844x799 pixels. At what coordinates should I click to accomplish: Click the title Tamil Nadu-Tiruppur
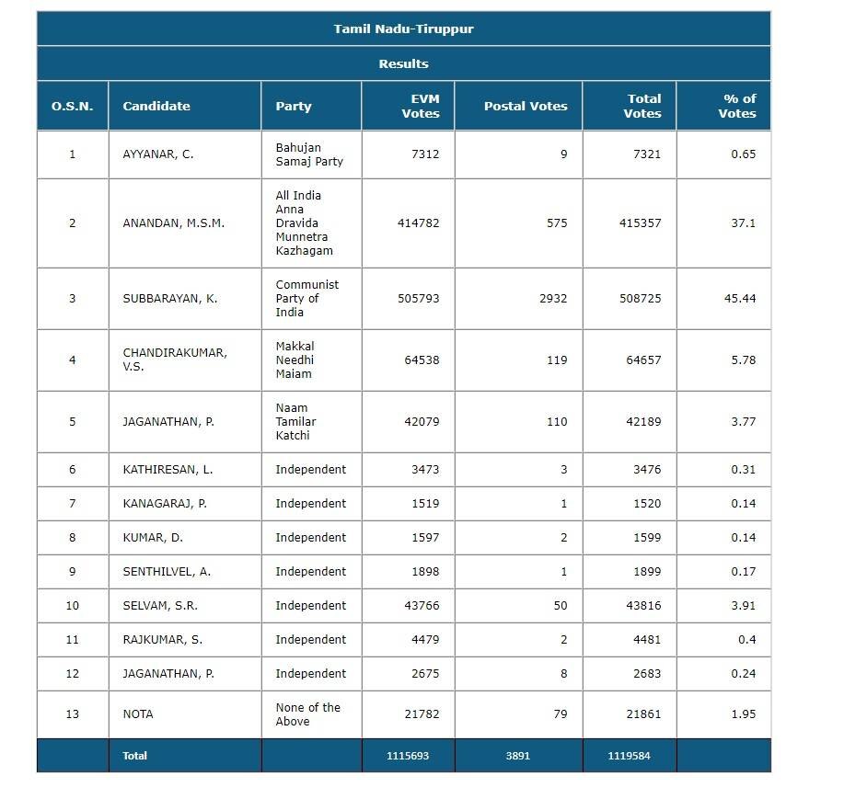403,29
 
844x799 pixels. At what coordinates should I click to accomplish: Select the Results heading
403,63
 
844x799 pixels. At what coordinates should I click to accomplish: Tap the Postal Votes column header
526,106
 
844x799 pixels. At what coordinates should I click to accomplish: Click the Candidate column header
156,106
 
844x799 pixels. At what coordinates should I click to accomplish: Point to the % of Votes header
736,106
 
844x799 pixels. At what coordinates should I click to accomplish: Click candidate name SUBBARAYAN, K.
170,299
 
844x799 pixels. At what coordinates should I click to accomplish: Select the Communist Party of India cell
307,299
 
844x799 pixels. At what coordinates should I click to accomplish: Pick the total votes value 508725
640,299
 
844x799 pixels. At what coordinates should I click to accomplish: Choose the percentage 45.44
740,299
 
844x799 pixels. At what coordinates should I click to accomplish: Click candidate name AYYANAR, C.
158,154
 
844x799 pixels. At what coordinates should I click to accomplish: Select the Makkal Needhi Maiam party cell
295,360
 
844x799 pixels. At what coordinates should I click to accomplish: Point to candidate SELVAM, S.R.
160,606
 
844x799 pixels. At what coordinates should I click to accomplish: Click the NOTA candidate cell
138,714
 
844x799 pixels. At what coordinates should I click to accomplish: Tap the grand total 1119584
629,756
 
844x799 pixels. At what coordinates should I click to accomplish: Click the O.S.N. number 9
73,572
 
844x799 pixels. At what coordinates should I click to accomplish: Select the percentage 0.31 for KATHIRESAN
743,470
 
